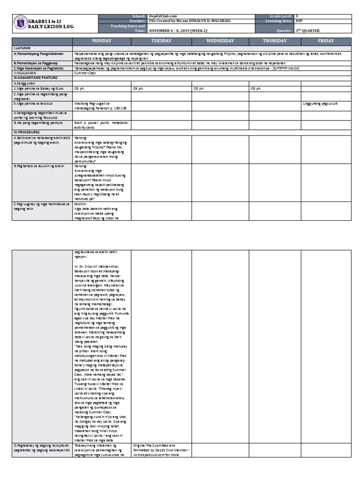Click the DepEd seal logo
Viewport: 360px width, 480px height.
[x=21, y=23]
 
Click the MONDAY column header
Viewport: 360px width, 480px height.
[x=101, y=41]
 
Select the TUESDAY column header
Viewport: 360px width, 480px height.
[x=161, y=41]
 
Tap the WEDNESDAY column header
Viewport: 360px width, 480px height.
[x=220, y=41]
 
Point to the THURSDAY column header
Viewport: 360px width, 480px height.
[x=275, y=41]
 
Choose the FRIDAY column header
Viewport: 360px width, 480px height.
[x=326, y=41]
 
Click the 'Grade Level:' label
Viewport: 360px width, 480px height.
[x=279, y=16]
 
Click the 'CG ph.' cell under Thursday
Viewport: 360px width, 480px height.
[x=255, y=88]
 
